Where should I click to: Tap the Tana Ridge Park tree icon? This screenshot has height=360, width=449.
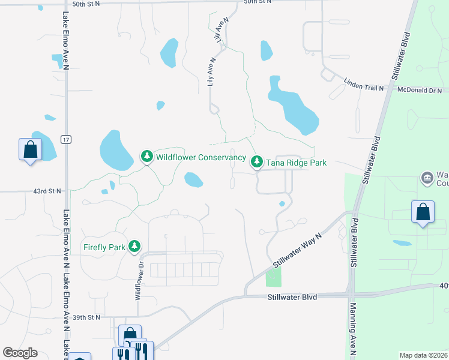click(257, 162)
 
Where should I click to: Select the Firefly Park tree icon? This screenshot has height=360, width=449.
click(135, 247)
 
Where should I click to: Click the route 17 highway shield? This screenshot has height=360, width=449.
click(65, 139)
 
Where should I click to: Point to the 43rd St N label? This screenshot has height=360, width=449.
click(47, 191)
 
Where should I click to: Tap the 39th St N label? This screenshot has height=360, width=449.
click(86, 316)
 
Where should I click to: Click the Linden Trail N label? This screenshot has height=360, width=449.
click(363, 88)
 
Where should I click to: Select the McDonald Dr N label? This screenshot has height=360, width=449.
click(420, 90)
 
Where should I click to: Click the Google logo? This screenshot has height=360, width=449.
click(20, 353)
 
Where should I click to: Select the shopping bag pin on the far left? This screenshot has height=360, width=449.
click(30, 149)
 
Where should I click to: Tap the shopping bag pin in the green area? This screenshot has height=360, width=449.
click(423, 212)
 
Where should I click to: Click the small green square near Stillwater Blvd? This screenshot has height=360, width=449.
click(273, 277)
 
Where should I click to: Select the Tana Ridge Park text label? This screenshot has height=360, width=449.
click(297, 163)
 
